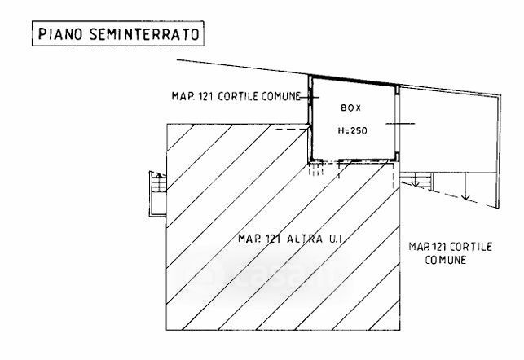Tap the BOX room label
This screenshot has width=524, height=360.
pyautogui.click(x=348, y=106)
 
